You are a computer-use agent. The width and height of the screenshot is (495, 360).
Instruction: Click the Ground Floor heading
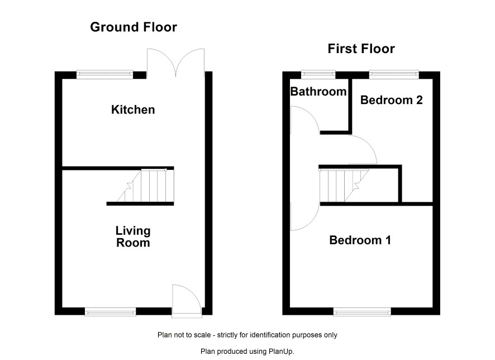134,27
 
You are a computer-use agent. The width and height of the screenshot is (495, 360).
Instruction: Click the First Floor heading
361,49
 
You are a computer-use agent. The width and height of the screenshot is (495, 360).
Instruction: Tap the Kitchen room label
133,110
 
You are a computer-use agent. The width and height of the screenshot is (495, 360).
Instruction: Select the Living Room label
133,237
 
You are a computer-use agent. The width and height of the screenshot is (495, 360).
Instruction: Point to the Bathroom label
318,92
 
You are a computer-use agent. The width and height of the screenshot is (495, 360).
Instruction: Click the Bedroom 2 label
392,100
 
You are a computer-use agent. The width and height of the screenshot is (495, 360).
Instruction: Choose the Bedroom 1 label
360,240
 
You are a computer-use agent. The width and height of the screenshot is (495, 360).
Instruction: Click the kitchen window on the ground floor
104,74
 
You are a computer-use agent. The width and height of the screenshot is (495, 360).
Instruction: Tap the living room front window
110,312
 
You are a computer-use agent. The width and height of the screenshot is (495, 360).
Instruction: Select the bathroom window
318,74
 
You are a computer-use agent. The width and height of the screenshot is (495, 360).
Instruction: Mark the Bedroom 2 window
394,74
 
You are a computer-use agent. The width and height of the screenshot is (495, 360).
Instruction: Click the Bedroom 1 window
362,312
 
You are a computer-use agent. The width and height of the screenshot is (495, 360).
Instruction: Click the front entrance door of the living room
186,300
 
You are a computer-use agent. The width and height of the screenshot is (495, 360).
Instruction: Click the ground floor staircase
145,186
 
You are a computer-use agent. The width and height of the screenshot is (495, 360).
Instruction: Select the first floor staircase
344,186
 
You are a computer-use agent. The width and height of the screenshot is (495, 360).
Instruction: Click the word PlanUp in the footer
280,351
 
